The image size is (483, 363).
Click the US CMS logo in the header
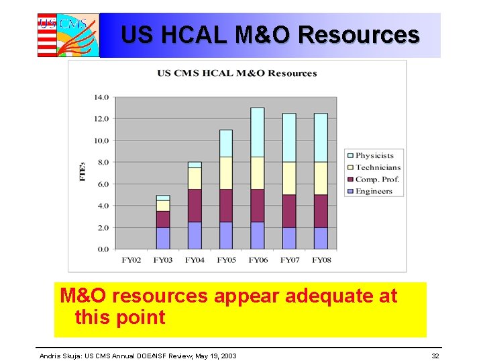68,35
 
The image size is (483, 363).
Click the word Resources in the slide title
359,34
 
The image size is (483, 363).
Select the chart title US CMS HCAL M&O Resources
237,73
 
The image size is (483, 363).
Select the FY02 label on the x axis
131,259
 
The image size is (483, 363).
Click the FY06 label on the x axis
257,259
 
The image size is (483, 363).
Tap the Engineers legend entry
374,192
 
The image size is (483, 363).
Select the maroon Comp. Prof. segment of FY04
195,206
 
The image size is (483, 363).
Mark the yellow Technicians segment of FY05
226,173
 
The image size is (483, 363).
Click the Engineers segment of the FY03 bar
163,238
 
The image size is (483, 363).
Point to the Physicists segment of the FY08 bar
321,138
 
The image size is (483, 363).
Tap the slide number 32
435,355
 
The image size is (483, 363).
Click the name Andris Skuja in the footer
62,355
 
